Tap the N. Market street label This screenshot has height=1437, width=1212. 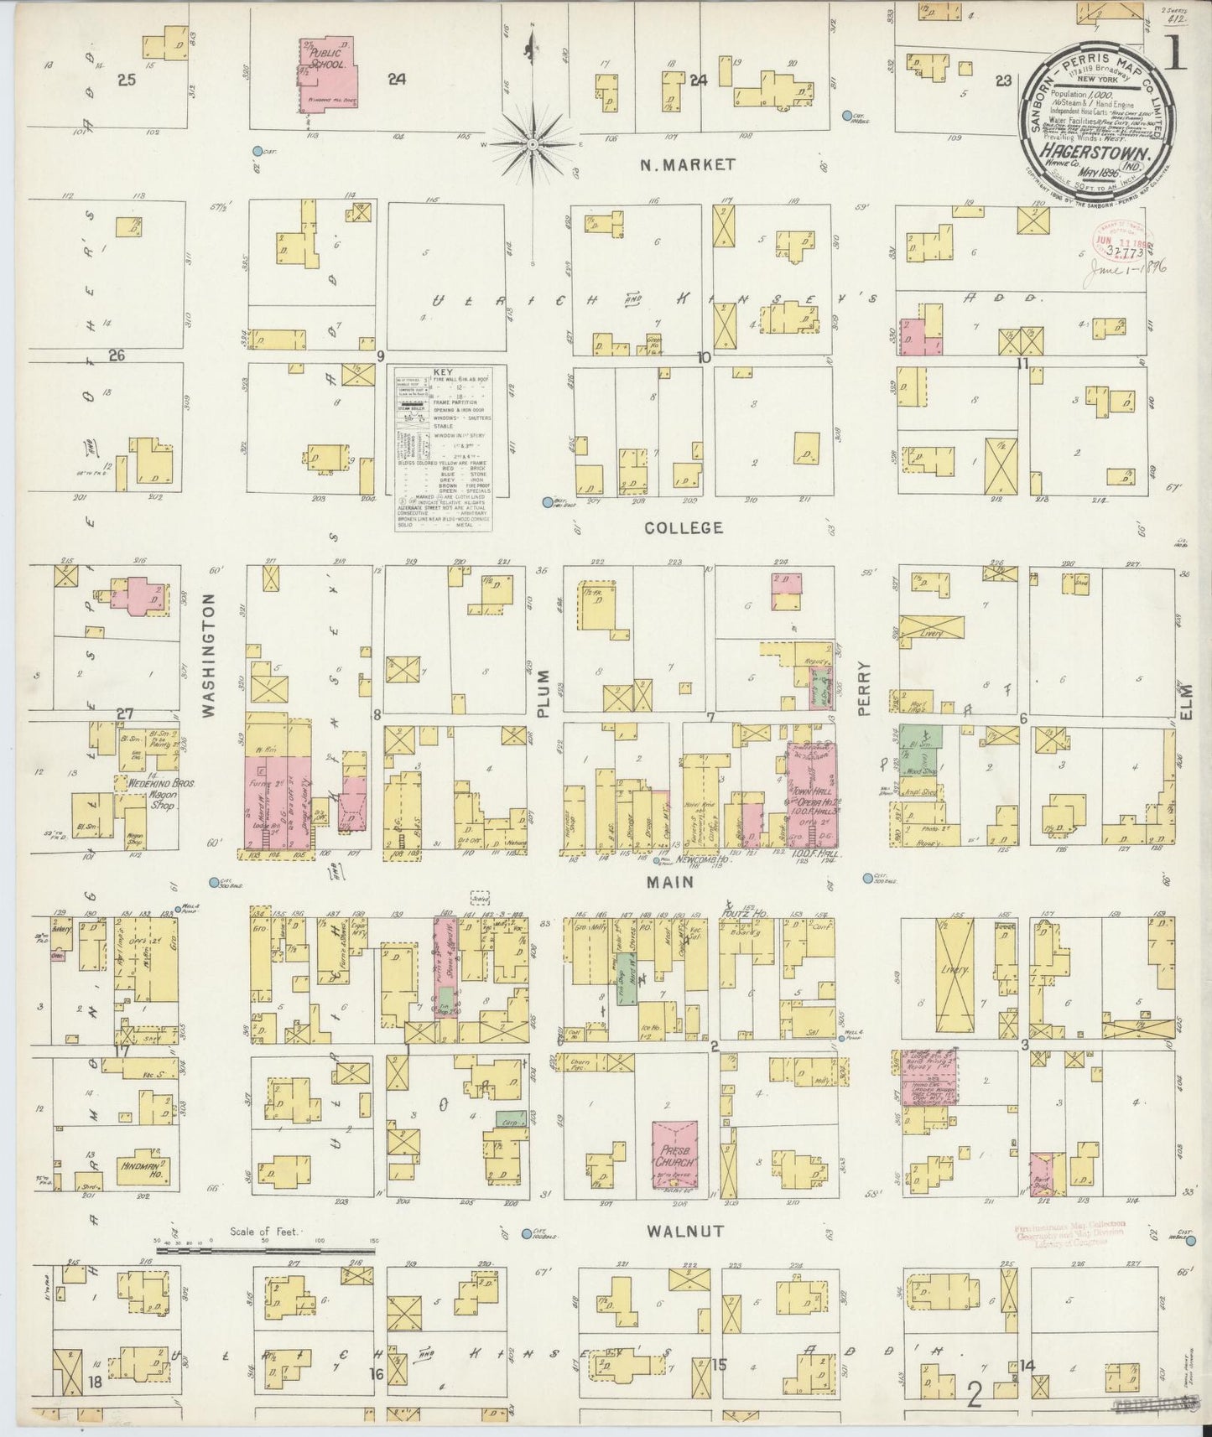(687, 165)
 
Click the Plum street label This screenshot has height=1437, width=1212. (543, 692)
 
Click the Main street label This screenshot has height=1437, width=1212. (669, 882)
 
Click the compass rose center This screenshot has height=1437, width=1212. (533, 145)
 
